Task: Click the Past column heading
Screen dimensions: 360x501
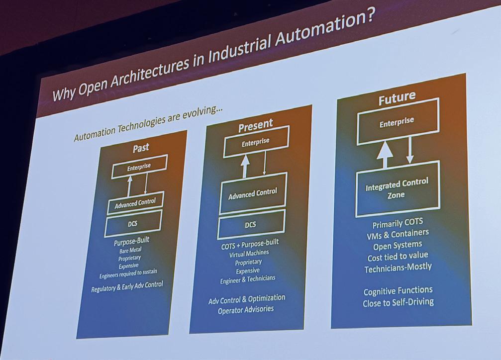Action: coord(141,148)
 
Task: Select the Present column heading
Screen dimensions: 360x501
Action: coord(255,125)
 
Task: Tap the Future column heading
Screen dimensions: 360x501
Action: coord(397,98)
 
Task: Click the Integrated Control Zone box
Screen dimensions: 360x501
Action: coord(397,188)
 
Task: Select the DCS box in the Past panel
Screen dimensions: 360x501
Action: coord(133,224)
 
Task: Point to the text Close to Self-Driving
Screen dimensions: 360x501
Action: coord(399,302)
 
